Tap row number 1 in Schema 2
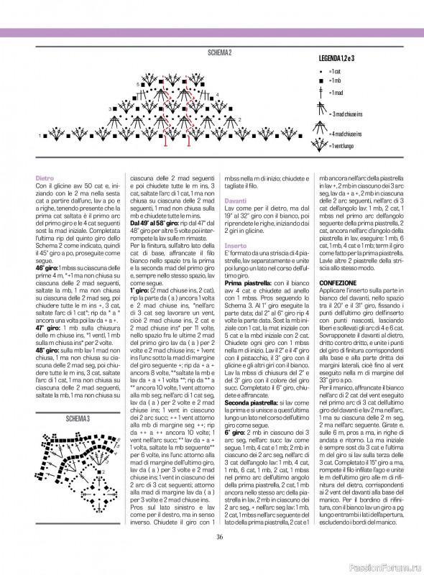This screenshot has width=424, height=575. click(x=40, y=135)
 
